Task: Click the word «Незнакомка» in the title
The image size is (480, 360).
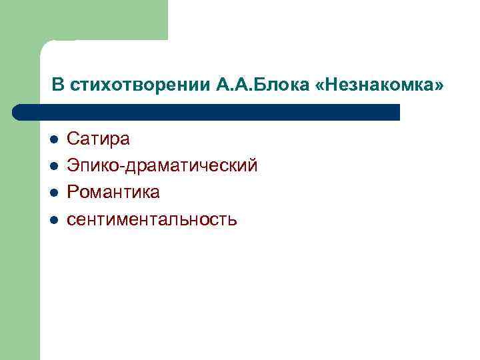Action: tap(378, 86)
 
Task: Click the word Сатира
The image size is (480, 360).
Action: tap(99, 139)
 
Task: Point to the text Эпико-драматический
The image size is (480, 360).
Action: tap(162, 166)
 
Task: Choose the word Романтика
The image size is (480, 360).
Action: tap(113, 193)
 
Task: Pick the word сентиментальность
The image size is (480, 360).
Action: tap(152, 219)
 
